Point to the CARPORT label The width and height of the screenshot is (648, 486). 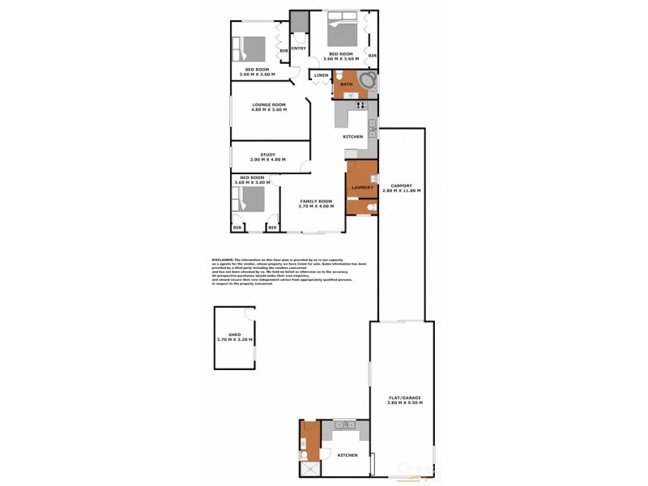coord(403,187)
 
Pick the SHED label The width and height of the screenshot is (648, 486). coord(235,336)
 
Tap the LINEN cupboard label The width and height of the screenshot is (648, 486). coord(321,76)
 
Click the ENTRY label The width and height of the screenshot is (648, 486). coord(299,49)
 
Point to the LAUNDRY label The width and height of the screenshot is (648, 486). coord(362,187)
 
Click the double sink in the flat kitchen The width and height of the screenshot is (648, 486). coord(343,425)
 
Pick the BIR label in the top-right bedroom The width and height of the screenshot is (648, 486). coord(371,56)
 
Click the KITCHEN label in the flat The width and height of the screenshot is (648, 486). coord(347,455)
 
